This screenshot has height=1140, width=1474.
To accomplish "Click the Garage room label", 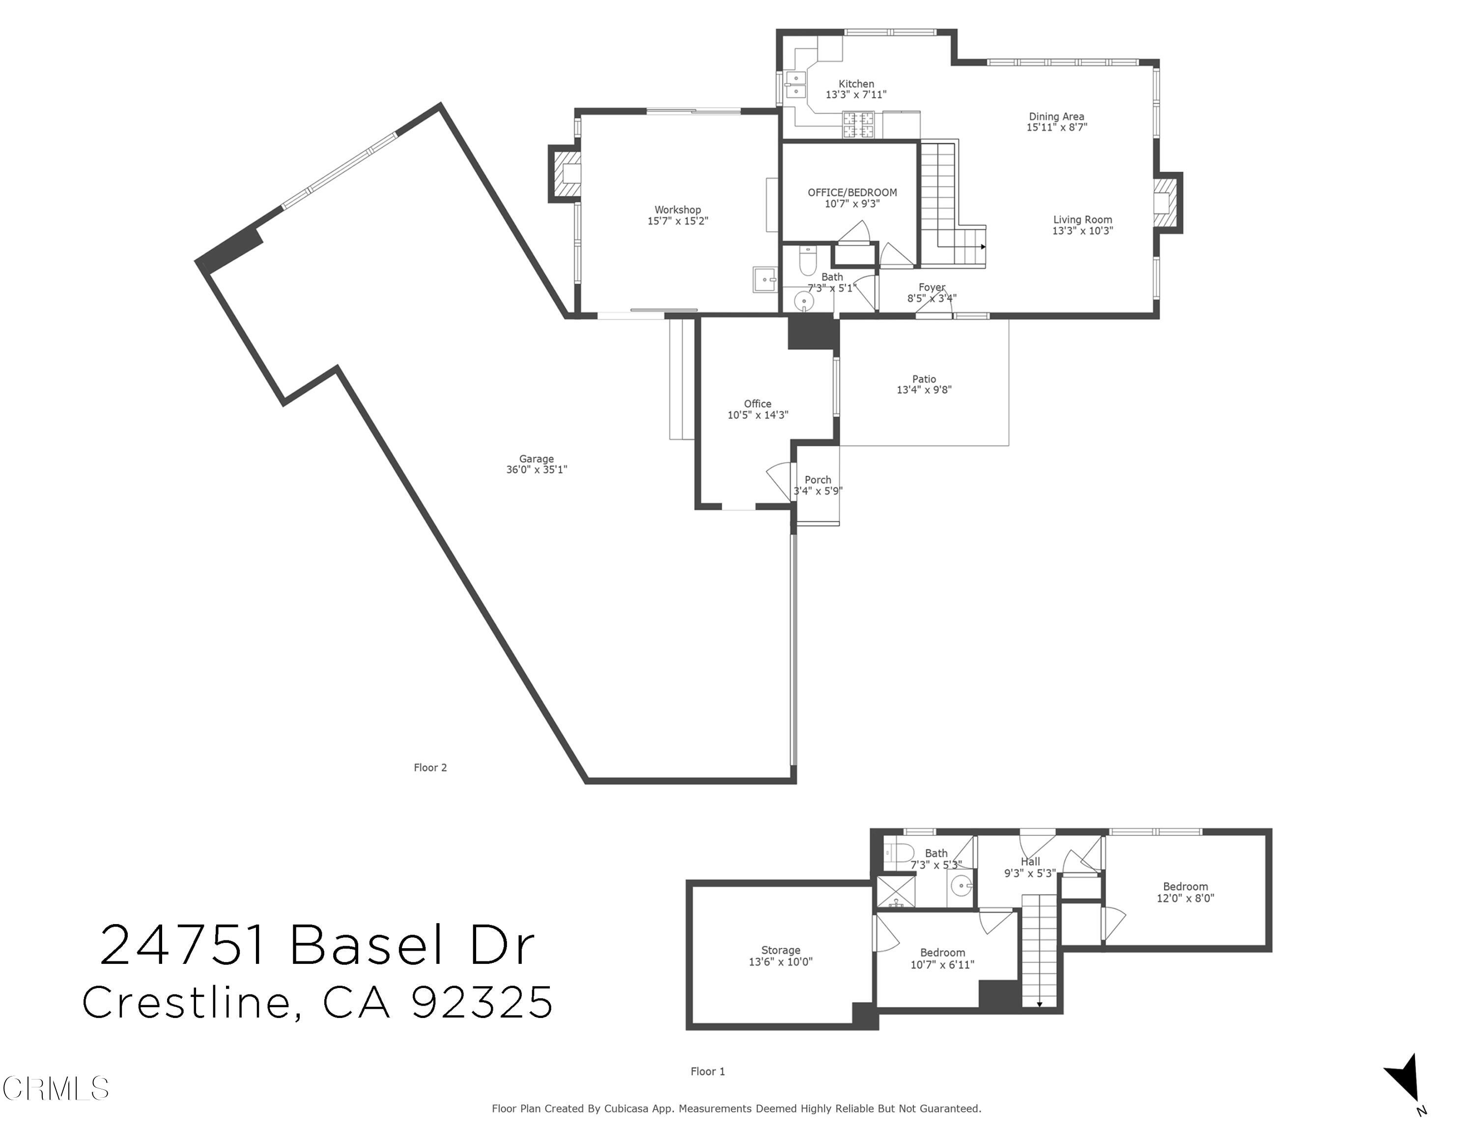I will pos(536,458).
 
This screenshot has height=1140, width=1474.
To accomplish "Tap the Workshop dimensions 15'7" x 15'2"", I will pos(677,221).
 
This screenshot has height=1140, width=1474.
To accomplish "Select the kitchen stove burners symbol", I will pos(857,125).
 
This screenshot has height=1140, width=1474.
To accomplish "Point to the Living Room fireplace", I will pos(1167,203).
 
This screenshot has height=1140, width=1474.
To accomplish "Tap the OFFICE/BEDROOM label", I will pos(852,192).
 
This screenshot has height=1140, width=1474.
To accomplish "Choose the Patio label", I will pos(923,379).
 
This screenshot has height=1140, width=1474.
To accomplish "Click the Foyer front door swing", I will pos(934,307).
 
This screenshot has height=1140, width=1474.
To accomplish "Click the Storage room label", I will pos(780,950).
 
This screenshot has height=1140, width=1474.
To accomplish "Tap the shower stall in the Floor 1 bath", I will pos(896,892).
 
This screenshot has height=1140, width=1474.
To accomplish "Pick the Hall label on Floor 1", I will pos(1030,861).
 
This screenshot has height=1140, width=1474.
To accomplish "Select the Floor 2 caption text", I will pos(430,767).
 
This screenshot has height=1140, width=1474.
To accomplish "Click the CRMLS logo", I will pos(56,1088).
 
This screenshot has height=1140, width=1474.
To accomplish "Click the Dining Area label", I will pos(1056,116).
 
